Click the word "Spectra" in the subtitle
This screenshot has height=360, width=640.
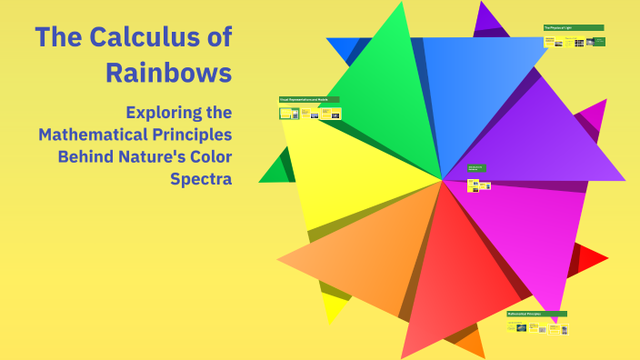point(201,178)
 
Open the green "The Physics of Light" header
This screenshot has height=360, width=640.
point(573,28)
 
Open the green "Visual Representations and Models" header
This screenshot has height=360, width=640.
point(309,99)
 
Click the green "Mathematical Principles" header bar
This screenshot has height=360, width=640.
point(536,314)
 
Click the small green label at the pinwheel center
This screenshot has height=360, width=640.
point(476,168)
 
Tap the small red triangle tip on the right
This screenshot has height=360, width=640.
point(593,260)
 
